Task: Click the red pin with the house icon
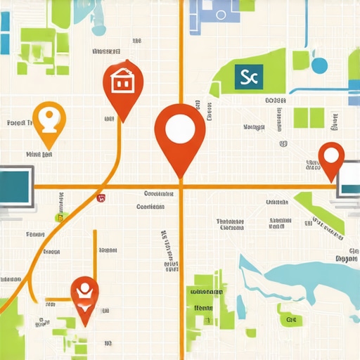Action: [x=123, y=84]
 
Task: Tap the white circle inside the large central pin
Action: [x=180, y=128]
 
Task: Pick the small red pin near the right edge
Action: [x=330, y=158]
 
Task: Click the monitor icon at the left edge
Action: [x=15, y=186]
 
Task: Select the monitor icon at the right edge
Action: [x=349, y=179]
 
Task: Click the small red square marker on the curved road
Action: [x=102, y=198]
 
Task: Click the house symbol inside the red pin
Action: [x=123, y=81]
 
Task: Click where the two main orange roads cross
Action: [x=181, y=187]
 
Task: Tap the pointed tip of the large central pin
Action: [x=181, y=176]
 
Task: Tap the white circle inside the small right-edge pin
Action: [x=330, y=153]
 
